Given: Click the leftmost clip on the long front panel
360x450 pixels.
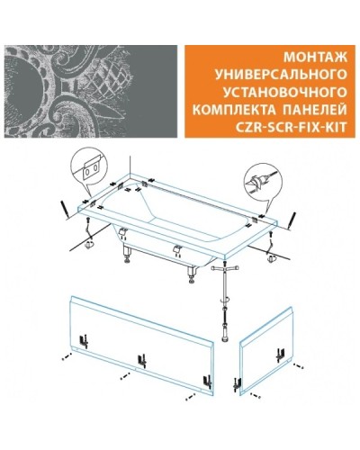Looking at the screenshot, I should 81,342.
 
